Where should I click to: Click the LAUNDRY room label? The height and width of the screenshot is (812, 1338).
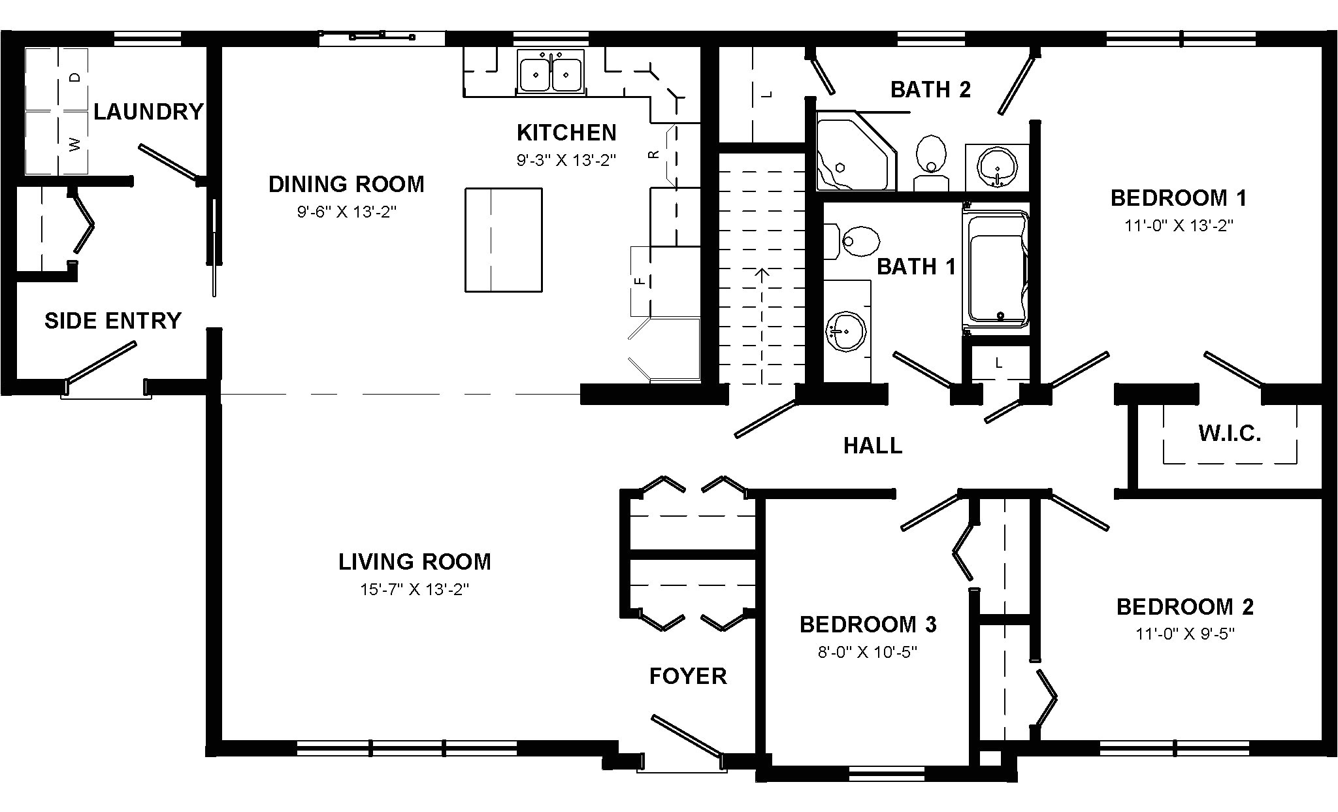point(148,112)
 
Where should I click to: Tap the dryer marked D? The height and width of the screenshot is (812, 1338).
point(57,78)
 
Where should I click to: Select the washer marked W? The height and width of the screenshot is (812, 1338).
point(57,142)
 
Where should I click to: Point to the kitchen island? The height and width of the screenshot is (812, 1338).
point(504,240)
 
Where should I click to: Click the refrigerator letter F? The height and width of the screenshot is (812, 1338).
point(641,281)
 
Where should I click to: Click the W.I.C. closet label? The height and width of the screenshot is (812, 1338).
point(1230,433)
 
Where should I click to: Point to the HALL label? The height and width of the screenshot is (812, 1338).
point(873,446)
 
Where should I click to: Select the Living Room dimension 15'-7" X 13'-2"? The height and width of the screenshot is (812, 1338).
point(415,589)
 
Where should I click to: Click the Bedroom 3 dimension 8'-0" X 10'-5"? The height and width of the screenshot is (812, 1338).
point(868,652)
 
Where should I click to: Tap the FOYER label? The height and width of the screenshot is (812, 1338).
point(688,676)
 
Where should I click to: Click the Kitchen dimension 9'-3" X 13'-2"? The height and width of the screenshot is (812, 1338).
point(566,160)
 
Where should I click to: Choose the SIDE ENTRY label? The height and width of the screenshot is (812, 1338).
point(113,321)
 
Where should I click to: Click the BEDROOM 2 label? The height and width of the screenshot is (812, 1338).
point(1185,607)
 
